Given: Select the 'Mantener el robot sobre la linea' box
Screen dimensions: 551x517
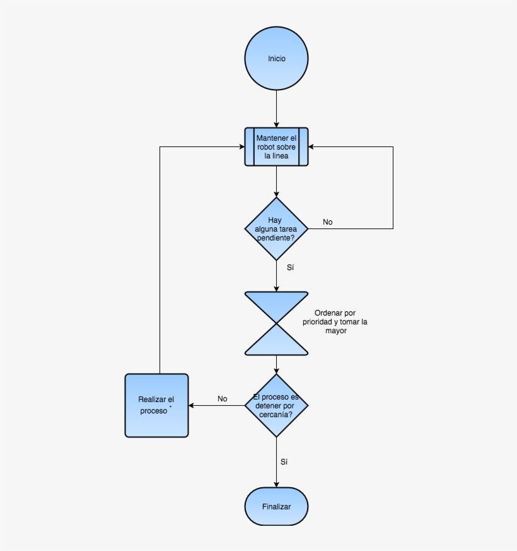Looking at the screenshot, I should (x=276, y=146).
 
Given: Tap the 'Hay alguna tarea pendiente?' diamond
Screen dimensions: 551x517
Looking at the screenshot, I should (x=276, y=228).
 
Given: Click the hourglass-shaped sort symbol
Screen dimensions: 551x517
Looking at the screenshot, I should (x=276, y=323).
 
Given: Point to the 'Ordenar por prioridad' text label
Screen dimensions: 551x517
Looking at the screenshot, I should (x=335, y=321).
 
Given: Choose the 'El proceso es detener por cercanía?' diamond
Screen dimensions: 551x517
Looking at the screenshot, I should (x=276, y=405).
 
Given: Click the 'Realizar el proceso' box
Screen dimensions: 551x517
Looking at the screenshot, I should (x=156, y=405).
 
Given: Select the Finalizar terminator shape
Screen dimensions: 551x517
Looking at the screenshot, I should (x=276, y=506).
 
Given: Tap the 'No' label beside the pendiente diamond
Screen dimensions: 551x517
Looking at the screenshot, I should (x=328, y=222).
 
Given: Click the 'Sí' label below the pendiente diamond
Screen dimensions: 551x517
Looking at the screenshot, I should (x=290, y=268).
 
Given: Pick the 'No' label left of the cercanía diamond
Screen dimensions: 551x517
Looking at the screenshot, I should (x=222, y=399).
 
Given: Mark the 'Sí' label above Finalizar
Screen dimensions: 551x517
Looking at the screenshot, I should (x=284, y=462).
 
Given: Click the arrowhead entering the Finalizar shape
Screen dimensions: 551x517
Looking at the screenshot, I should (x=276, y=484).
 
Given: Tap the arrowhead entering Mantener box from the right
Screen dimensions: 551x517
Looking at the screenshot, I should (x=311, y=147).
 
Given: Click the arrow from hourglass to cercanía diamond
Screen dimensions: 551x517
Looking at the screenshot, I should (x=276, y=364).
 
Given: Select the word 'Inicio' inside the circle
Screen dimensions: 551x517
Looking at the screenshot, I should (x=276, y=59).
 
